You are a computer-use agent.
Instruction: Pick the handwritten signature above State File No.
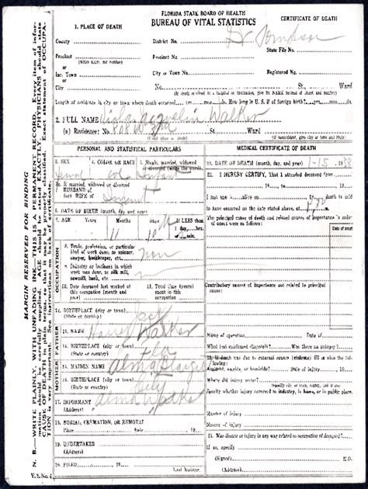(295, 36)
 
